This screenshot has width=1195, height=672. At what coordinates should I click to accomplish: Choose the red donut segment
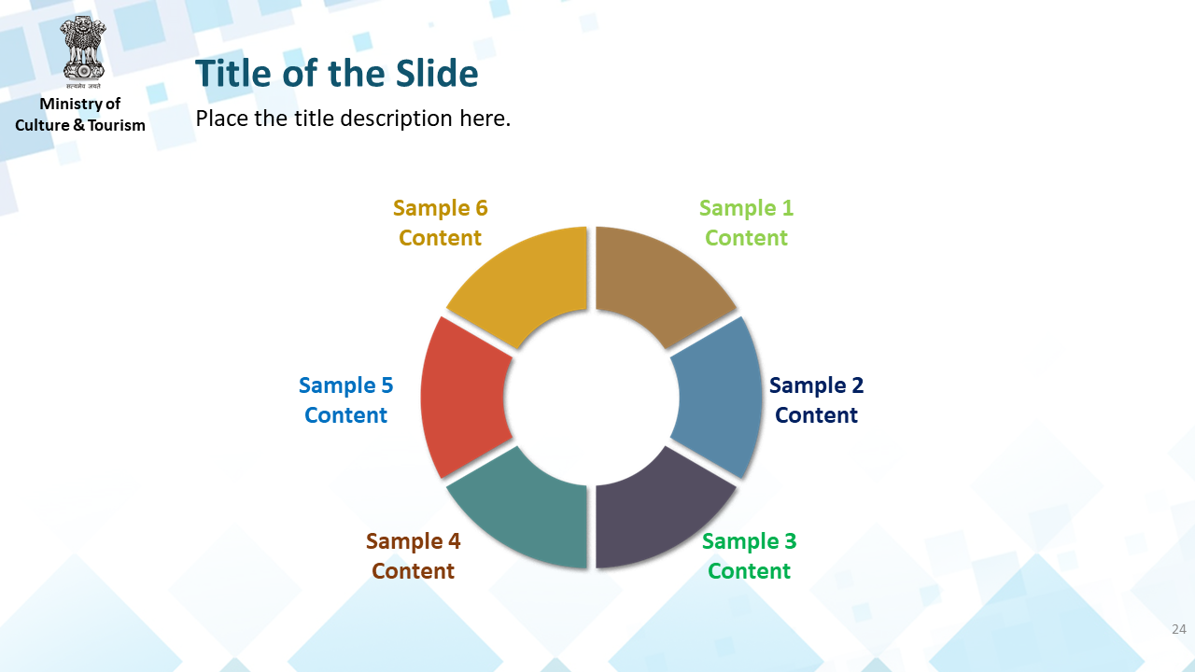463,398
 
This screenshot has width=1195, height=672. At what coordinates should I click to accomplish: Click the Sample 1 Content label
746,223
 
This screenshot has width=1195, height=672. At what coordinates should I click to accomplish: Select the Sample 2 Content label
816,400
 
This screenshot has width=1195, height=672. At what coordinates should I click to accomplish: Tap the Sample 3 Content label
749,555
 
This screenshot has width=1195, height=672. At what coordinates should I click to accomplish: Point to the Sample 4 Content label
413,555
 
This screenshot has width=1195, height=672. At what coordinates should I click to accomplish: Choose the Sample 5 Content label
345,400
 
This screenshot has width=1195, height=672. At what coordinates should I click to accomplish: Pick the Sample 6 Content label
440,223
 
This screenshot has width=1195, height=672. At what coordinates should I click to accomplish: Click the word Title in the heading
234,73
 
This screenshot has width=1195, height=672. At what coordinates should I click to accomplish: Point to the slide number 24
1179,629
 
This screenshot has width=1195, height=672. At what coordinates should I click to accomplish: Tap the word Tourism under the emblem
117,125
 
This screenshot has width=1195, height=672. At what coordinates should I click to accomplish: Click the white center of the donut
591,398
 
